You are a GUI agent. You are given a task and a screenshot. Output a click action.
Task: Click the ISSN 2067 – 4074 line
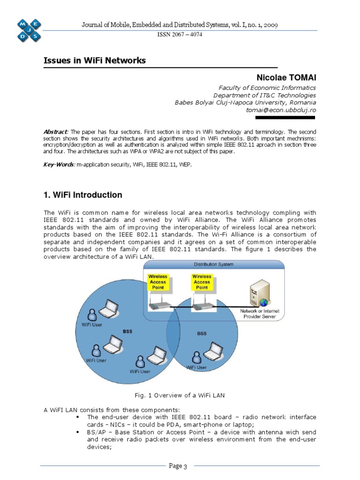click(180, 35)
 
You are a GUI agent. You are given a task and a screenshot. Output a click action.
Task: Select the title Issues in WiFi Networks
click(95, 60)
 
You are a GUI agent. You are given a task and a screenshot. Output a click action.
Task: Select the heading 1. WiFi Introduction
click(83, 195)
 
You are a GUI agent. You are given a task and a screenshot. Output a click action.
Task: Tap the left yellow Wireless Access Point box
click(157, 282)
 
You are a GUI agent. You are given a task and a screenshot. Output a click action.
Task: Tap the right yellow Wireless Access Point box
click(202, 282)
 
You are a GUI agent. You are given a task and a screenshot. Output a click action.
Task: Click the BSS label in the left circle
click(127, 331)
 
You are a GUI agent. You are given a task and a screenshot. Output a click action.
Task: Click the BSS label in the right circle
click(202, 334)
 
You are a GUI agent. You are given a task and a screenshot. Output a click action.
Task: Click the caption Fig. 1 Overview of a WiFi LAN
click(180, 395)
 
